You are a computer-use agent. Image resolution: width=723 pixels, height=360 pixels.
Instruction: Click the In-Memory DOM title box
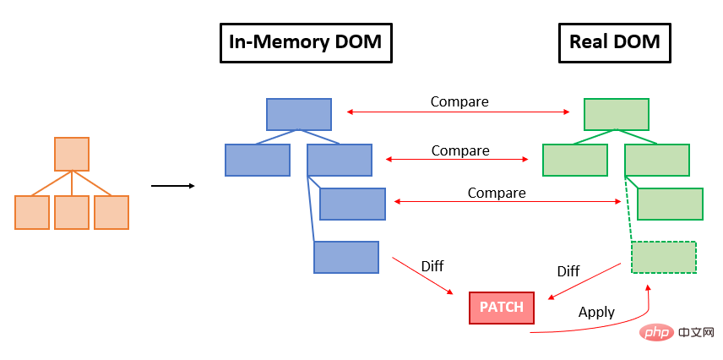coord(306,41)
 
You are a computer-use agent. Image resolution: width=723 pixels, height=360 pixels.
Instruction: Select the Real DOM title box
coord(614,41)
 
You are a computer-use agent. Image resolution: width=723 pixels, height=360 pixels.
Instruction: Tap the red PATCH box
coord(502,308)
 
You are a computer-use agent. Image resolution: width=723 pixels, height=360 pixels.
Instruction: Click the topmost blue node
coord(299,114)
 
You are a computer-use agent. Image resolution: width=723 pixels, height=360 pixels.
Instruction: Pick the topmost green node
coord(617,114)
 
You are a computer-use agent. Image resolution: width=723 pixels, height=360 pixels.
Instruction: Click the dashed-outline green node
coord(664,257)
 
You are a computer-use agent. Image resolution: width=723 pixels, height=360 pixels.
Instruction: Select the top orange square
coord(72,154)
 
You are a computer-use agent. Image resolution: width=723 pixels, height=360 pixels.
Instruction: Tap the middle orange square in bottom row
coord(72,212)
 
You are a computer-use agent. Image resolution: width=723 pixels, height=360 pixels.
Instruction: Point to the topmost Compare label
coord(459,101)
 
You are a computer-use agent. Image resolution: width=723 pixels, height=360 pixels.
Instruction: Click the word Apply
coord(596,312)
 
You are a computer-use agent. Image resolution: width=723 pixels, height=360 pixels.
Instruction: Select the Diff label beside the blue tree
coord(432,266)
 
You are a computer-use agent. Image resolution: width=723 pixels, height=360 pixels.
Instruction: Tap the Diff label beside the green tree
coord(568,271)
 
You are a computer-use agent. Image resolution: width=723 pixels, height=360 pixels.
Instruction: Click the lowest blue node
coord(346,257)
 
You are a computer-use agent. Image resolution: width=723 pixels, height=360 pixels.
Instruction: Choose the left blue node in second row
coord(258,160)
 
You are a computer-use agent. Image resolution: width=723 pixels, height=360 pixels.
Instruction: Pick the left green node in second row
coord(575,160)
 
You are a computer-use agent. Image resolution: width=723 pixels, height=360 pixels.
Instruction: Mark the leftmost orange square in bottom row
coord(32,212)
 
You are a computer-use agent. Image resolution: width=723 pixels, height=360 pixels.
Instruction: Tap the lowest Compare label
coord(497,193)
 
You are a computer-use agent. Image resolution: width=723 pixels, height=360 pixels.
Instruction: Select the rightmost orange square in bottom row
coord(111,212)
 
